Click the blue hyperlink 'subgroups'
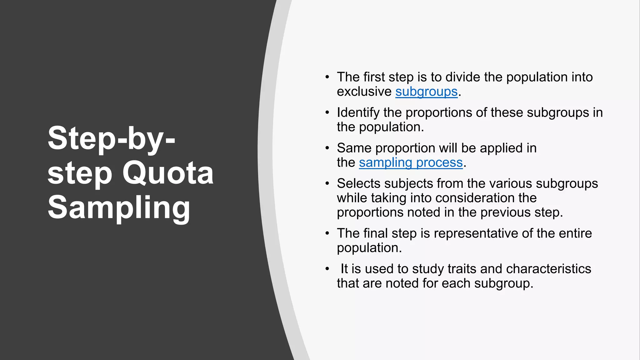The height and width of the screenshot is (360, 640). (x=426, y=92)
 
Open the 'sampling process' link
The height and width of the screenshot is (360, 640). (x=411, y=163)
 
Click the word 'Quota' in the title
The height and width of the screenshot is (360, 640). (x=168, y=173)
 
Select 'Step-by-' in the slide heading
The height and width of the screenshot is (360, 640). (x=111, y=138)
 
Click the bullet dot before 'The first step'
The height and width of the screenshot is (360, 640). (x=327, y=77)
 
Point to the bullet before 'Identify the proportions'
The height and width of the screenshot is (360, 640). (x=327, y=112)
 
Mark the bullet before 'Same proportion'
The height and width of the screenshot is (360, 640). (x=327, y=148)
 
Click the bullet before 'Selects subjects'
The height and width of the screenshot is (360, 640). (x=327, y=183)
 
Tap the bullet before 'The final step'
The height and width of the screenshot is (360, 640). (x=327, y=233)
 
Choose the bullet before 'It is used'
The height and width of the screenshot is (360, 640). (x=327, y=269)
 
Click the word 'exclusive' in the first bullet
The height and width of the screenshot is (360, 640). (x=364, y=92)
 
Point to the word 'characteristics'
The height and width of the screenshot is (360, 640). (x=548, y=269)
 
